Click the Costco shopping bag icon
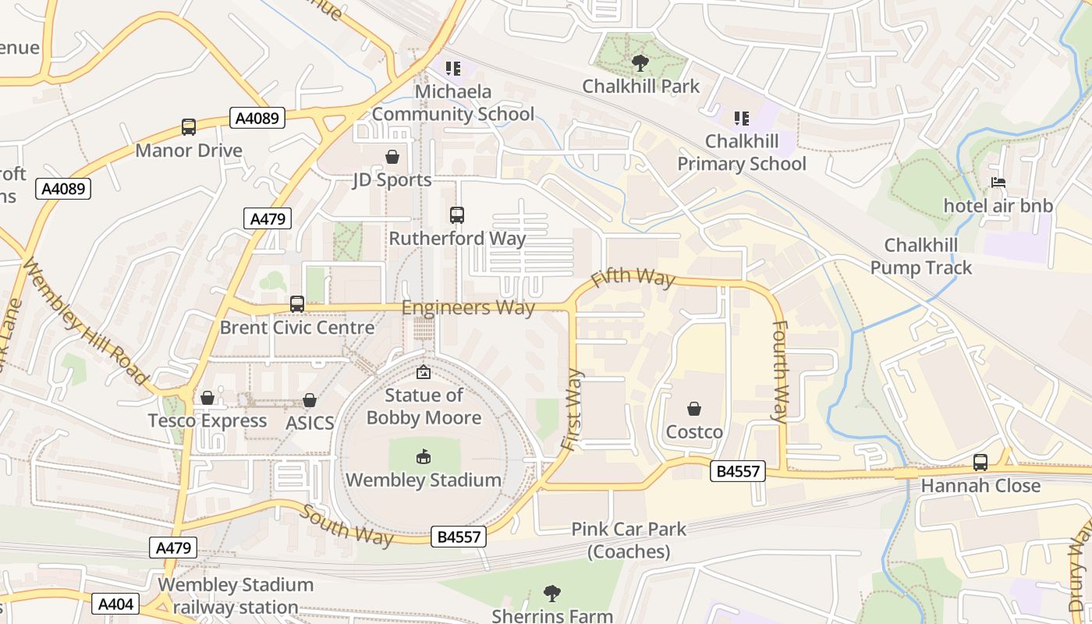pyautogui.click(x=693, y=409)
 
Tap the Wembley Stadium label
pyautogui.click(x=424, y=480)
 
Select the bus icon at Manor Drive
pyautogui.click(x=188, y=127)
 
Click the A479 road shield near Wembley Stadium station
pyautogui.click(x=173, y=548)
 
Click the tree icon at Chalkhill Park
pyautogui.click(x=640, y=63)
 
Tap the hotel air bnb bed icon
pyautogui.click(x=998, y=183)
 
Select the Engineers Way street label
pyautogui.click(x=468, y=307)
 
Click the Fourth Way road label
pyautogui.click(x=779, y=371)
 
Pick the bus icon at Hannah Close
pyautogui.click(x=980, y=463)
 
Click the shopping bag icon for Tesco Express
pyautogui.click(x=207, y=399)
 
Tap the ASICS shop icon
pyautogui.click(x=310, y=401)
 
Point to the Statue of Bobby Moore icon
pyautogui.click(x=424, y=373)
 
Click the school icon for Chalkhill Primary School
pyautogui.click(x=741, y=119)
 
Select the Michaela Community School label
pyautogui.click(x=452, y=103)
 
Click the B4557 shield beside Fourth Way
pyautogui.click(x=738, y=471)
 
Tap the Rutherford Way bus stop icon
pyautogui.click(x=457, y=215)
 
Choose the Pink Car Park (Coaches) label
pyautogui.click(x=629, y=540)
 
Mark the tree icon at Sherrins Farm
pyautogui.click(x=552, y=594)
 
